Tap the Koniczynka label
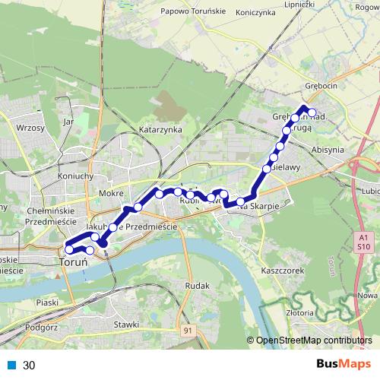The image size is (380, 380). pyautogui.click(x=259, y=13)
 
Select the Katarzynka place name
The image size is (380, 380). pyautogui.click(x=161, y=130)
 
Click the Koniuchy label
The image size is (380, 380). pyautogui.click(x=75, y=176)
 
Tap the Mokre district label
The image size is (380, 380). pyautogui.click(x=111, y=193)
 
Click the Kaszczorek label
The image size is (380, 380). pyautogui.click(x=282, y=271)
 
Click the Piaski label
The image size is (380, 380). pyautogui.click(x=46, y=302)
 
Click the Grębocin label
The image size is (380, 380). pyautogui.click(x=320, y=86)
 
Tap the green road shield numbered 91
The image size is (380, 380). pyautogui.click(x=188, y=330)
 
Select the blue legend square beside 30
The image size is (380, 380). pyautogui.click(x=12, y=365)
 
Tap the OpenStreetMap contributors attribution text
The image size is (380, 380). pyautogui.click(x=315, y=340)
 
